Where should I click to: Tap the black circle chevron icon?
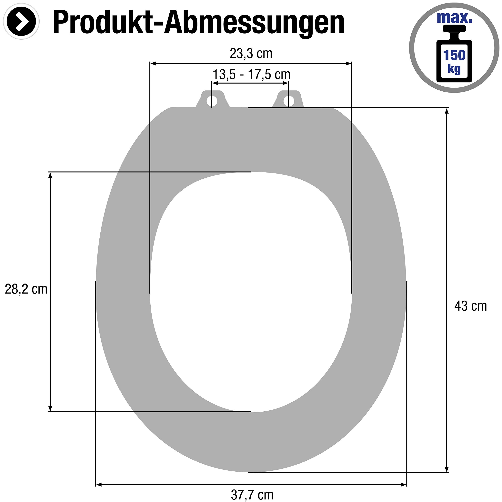(21, 21)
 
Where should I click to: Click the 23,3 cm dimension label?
(251, 54)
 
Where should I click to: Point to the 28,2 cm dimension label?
(26, 289)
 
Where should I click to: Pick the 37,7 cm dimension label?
(252, 495)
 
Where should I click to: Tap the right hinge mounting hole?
(288, 101)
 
